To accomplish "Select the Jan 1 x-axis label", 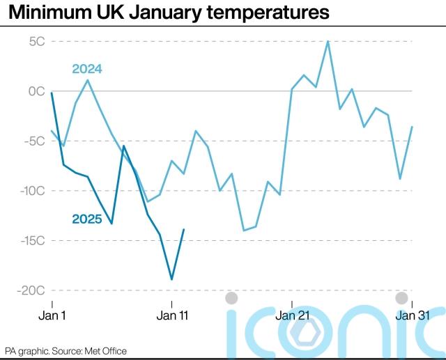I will click(52, 315).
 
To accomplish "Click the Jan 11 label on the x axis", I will click(171, 315).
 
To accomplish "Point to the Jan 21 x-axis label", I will click(292, 315).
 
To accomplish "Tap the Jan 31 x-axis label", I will click(413, 315).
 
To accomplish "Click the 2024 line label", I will click(87, 68).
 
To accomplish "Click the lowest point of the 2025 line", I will click(171, 279).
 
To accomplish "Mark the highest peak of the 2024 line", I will click(328, 41).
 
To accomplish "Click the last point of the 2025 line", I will click(184, 230).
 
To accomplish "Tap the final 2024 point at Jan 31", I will click(412, 127).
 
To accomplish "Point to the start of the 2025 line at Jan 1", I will click(52, 93).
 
